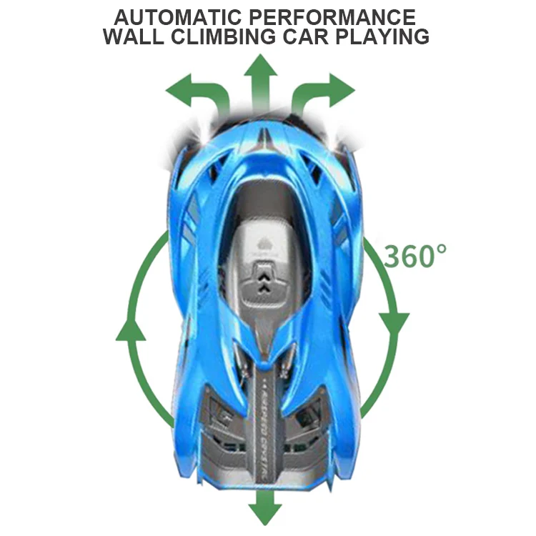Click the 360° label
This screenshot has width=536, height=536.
415,255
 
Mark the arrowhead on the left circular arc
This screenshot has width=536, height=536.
131,328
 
